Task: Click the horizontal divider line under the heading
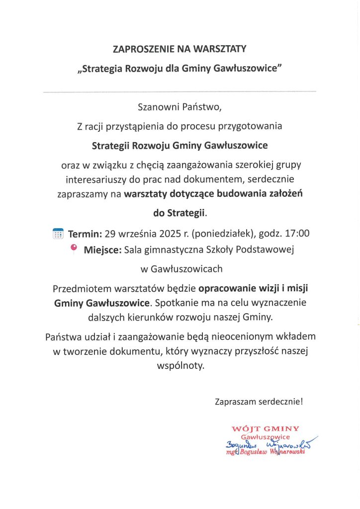pos(180,92)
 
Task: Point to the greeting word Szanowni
pos(158,107)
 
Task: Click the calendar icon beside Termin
pos(58,233)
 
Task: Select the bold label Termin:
pos(85,233)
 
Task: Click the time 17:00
pos(298,233)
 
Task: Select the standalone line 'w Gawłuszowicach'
pos(181,269)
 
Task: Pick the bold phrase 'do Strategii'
pos(180,213)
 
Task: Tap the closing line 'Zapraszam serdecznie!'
pos(259,401)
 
